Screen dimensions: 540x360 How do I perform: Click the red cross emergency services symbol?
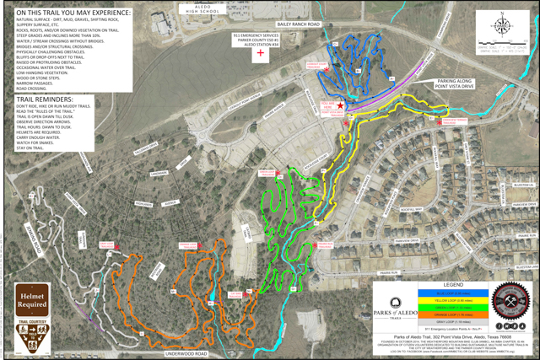pyautogui.click(x=261, y=53)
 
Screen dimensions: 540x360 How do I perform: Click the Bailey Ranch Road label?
pyautogui.click(x=299, y=26)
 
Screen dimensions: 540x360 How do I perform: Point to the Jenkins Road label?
pyautogui.click(x=33, y=233)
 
